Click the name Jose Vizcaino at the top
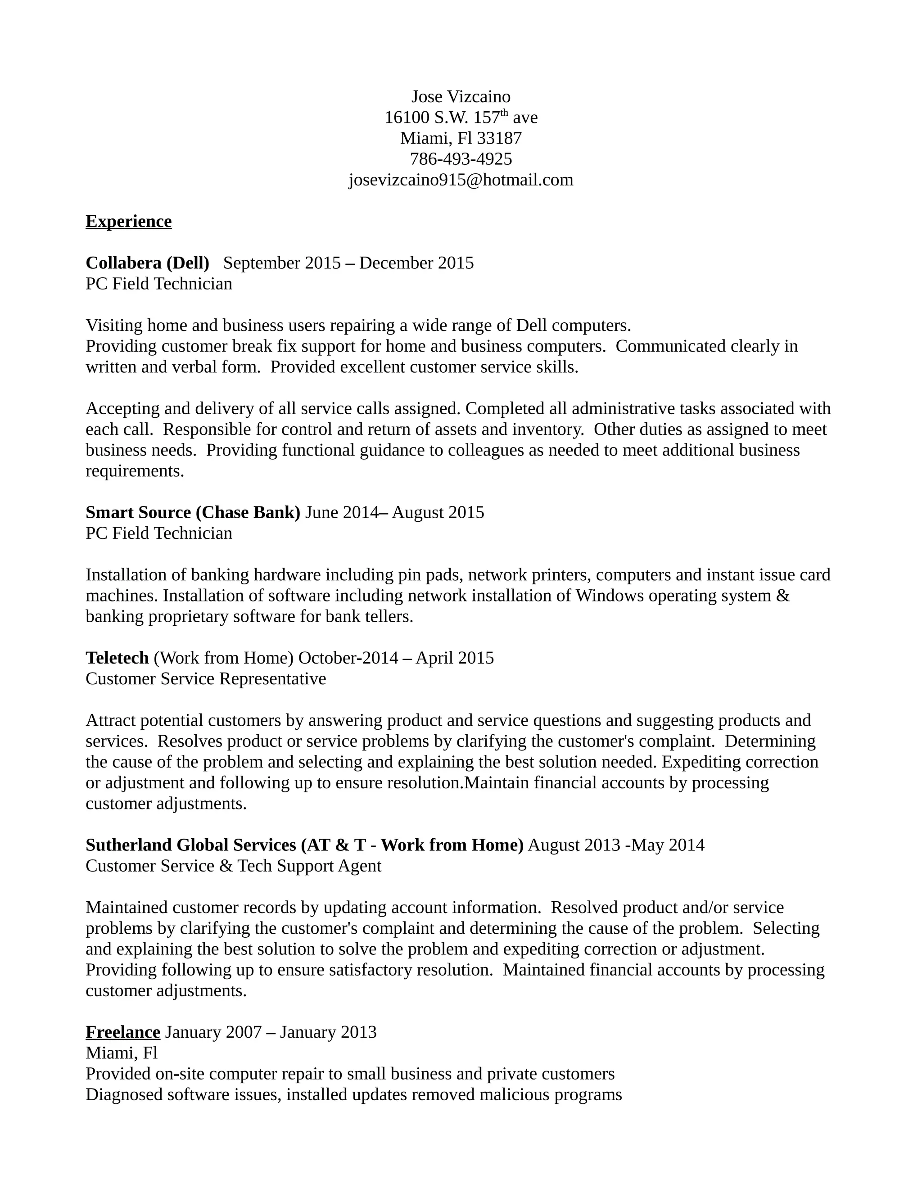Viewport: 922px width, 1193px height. [461, 97]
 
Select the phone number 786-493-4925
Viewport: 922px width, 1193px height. [461, 159]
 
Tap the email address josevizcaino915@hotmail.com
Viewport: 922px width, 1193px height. [461, 180]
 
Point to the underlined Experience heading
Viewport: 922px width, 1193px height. [128, 221]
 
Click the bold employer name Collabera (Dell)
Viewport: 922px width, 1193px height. [148, 263]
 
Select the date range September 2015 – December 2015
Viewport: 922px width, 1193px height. [348, 263]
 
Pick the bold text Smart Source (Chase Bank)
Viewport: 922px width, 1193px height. [193, 512]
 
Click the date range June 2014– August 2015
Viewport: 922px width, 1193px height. [394, 512]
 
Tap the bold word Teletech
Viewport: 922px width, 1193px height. [117, 658]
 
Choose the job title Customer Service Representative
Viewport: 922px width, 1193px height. [205, 679]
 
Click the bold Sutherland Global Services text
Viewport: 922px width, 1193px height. [190, 845]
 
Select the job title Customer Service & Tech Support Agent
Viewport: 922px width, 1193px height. [233, 866]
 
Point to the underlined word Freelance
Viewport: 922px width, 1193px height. [123, 1032]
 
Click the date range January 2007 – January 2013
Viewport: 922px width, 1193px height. [271, 1032]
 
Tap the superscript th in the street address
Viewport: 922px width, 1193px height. [504, 113]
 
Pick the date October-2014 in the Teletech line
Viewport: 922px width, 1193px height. [348, 658]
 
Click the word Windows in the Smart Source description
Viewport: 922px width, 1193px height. [610, 596]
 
